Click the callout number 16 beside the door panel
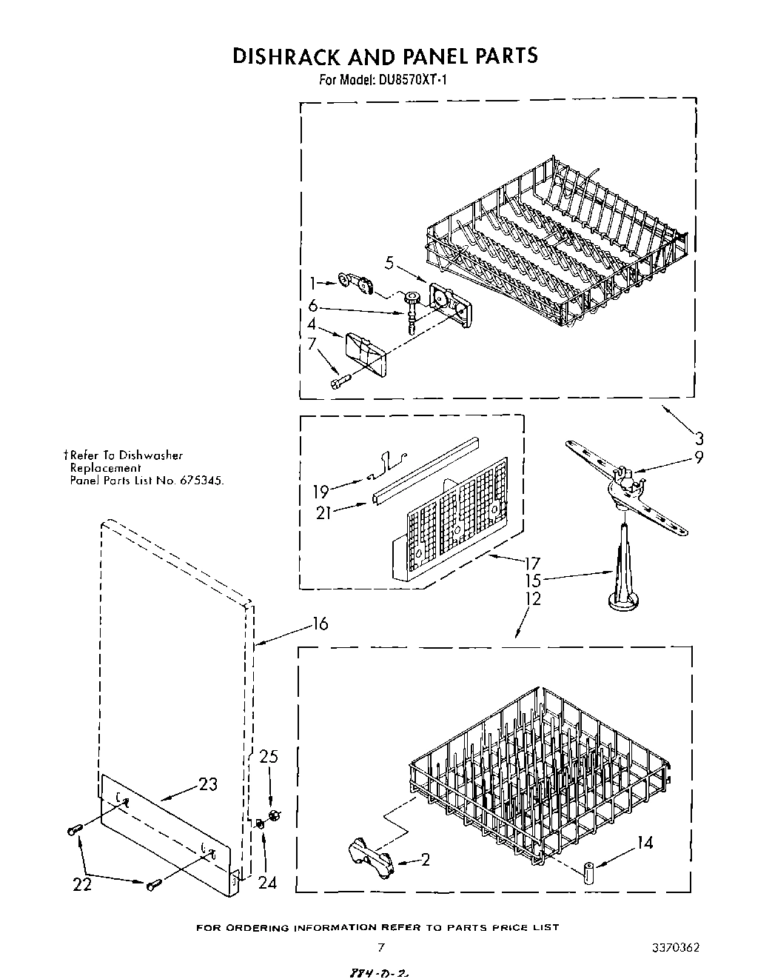pyautogui.click(x=319, y=624)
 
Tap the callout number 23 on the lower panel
pyautogui.click(x=208, y=783)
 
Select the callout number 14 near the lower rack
pyautogui.click(x=645, y=842)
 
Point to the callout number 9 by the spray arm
pyautogui.click(x=698, y=457)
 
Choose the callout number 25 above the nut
pyautogui.click(x=269, y=756)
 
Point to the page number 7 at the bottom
pyautogui.click(x=380, y=947)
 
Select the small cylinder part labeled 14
pyautogui.click(x=588, y=872)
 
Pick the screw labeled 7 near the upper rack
pyautogui.click(x=339, y=381)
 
